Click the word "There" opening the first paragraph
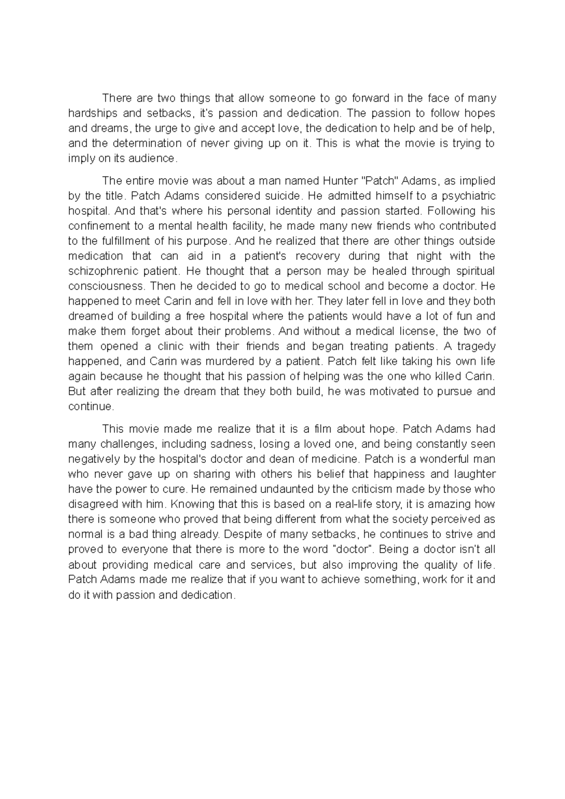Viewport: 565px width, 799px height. [115, 98]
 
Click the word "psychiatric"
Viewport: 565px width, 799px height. [466, 196]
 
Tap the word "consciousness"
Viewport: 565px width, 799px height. [106, 286]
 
